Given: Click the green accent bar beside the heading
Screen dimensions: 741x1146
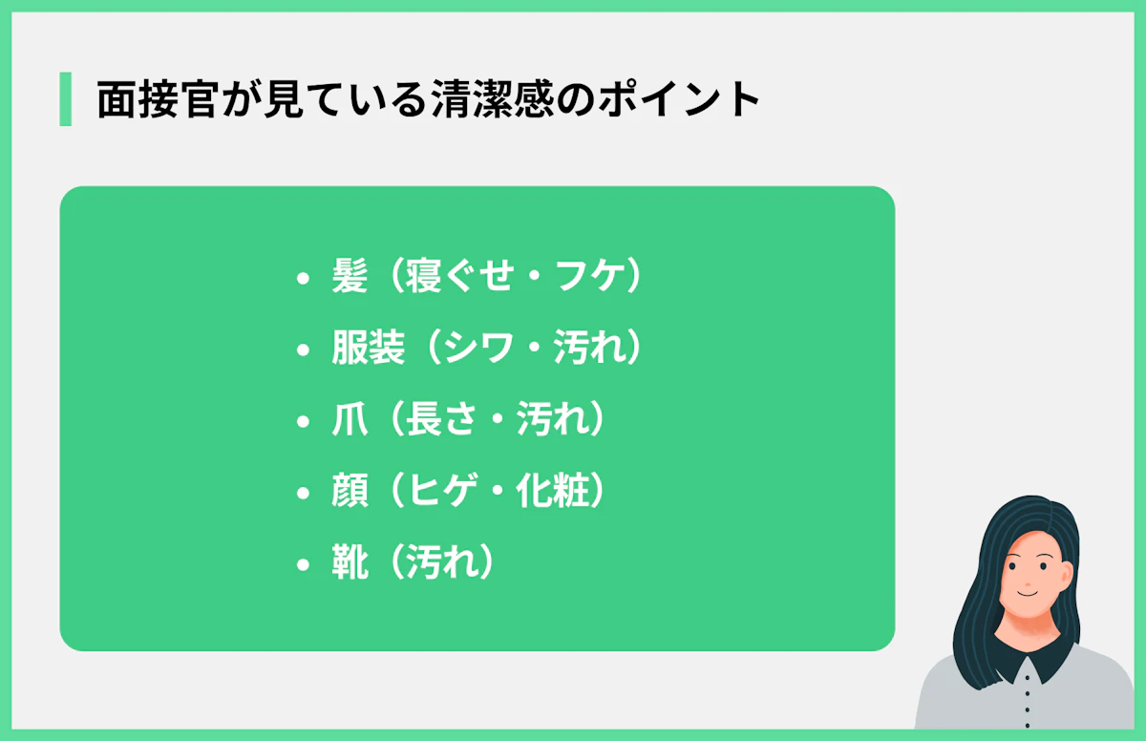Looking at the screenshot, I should tap(65, 99).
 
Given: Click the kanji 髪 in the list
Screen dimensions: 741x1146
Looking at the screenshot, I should tap(350, 278).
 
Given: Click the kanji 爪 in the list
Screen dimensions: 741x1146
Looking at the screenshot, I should tap(350, 421).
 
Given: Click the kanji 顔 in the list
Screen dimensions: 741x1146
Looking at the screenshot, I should tap(350, 493).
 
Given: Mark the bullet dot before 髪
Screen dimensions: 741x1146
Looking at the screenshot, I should tap(304, 280).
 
